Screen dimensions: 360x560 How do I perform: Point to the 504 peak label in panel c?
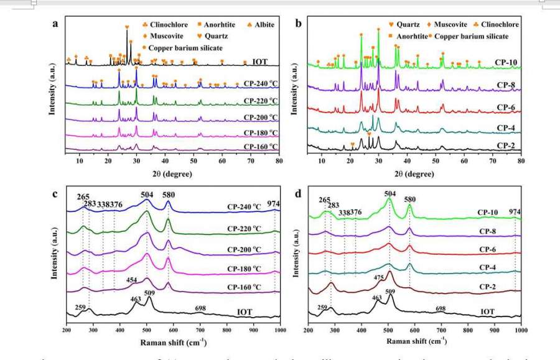point(147,195)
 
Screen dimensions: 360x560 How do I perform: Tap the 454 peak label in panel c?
point(131,280)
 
